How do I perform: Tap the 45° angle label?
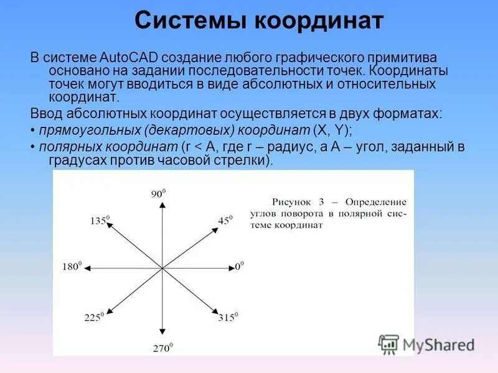point(225,220)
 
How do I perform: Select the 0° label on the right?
point(239,266)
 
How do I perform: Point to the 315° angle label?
point(227,318)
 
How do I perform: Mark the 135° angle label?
point(100,220)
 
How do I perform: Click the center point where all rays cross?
point(162,268)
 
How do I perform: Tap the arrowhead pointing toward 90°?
point(162,205)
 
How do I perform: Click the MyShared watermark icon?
point(388,344)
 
